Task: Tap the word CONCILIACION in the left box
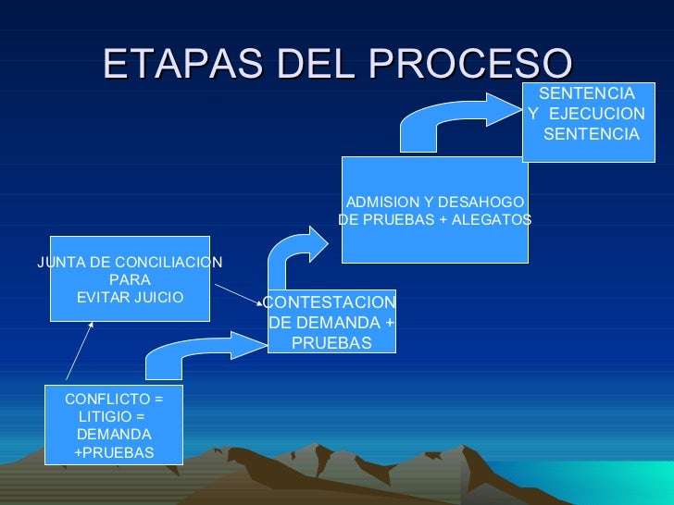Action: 170,262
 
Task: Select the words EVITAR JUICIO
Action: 130,297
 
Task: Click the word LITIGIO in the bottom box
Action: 106,416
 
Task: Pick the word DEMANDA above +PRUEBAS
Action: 114,434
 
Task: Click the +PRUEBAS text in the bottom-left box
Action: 114,452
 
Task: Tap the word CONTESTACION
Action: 331,303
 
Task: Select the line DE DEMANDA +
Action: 331,323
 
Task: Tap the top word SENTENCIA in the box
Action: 586,94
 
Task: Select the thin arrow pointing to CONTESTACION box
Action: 238,292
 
